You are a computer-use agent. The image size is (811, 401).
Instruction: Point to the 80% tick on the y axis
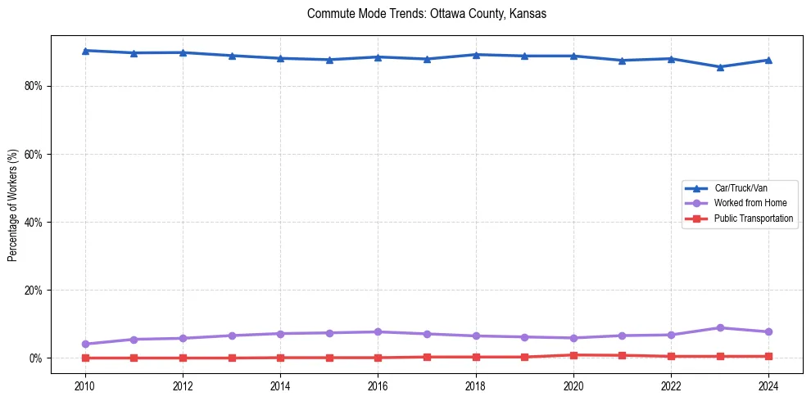coord(32,86)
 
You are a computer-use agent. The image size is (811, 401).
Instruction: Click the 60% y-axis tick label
coord(32,154)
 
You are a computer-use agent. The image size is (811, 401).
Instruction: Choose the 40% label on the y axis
coord(32,223)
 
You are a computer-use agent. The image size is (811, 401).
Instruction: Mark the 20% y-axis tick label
coord(32,291)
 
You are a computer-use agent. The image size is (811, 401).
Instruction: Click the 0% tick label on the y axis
coord(34,358)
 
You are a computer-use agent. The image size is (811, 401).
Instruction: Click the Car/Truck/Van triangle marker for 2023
coord(720,67)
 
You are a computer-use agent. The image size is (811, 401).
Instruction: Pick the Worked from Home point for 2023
coord(720,328)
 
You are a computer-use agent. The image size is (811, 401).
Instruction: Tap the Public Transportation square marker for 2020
coord(573,355)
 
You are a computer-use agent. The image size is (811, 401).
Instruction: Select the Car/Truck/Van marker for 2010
coord(85,51)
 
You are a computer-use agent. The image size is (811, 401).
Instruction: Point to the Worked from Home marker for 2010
coord(85,344)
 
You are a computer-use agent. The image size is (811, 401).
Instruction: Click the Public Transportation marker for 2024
coord(768,356)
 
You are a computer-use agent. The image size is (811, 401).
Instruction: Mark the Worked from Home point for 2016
coord(378,331)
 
